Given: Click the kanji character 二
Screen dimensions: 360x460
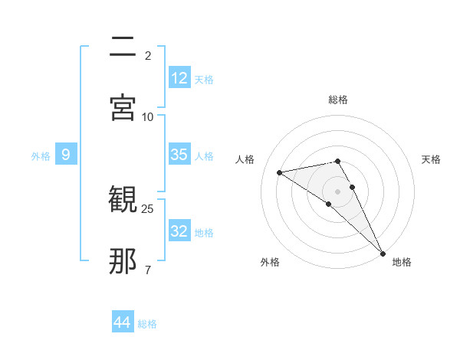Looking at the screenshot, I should point(123,46).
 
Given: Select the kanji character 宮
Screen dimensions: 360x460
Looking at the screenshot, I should point(123,107).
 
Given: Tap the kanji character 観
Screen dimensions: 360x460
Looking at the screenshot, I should point(123,201).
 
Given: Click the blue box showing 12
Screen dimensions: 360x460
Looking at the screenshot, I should point(179,78).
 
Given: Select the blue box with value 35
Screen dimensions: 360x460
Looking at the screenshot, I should point(179,155).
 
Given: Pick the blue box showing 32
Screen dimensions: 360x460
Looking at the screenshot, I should point(179,231).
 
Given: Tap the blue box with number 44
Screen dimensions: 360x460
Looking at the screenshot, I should point(123,322).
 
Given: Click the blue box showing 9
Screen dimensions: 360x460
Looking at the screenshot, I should point(66,155).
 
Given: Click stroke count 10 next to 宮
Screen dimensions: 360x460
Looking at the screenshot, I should point(148,116).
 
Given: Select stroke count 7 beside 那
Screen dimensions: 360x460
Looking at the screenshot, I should point(148,270).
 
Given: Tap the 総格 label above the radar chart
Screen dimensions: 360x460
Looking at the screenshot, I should point(338,100).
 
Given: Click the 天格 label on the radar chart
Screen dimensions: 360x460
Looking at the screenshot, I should point(431,159).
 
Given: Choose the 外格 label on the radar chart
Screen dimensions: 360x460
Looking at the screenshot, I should point(270,262).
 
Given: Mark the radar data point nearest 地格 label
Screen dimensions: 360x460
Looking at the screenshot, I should point(383,253).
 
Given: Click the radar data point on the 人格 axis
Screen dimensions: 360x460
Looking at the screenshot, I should point(280,172).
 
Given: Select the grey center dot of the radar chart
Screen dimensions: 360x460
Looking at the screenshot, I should point(338,191).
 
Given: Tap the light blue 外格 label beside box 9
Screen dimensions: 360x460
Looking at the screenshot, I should point(41,156).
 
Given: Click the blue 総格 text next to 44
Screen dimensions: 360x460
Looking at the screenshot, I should point(147,324).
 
